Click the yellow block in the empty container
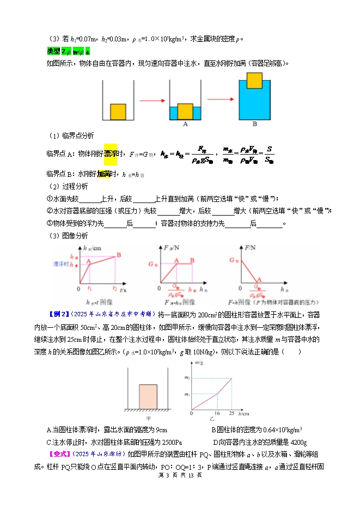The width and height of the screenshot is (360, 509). tap(118, 112)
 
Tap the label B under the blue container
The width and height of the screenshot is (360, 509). tap(254, 125)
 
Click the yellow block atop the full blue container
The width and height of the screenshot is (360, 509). tap(254, 80)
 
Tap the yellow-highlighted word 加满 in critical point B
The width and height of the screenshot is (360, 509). tap(104, 174)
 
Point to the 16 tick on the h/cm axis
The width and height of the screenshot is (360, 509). tap(217, 415)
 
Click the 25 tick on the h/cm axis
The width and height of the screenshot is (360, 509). tap(233, 415)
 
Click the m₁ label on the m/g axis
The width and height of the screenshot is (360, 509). tap(187, 394)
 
